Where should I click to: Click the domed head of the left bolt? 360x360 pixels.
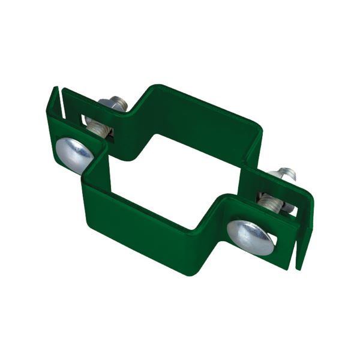pyautogui.click(x=73, y=154)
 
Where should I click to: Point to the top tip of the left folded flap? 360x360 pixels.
pyautogui.click(x=55, y=89)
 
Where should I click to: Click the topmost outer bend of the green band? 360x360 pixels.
pyautogui.click(x=157, y=86)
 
